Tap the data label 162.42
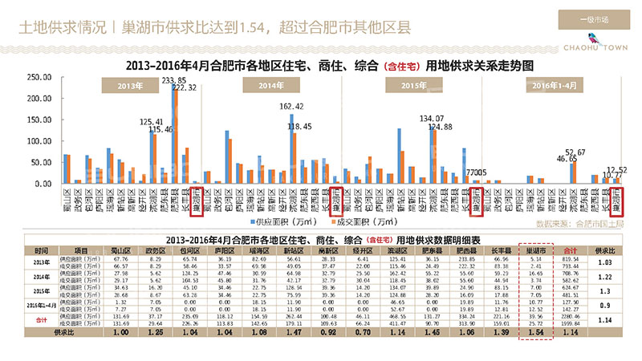(x=291, y=106)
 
